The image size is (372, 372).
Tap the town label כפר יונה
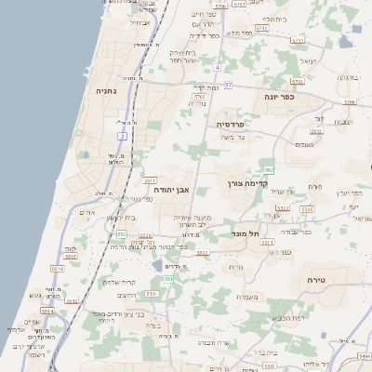(x=279, y=96)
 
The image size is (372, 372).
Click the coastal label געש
(x=34, y=296)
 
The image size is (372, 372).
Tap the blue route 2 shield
(x=122, y=136)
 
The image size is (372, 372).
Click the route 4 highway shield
(x=216, y=68)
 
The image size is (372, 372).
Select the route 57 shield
(x=228, y=85)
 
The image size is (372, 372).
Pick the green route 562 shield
(x=268, y=170)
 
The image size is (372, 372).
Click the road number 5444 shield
(x=364, y=355)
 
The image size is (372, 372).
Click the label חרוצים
(x=127, y=295)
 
